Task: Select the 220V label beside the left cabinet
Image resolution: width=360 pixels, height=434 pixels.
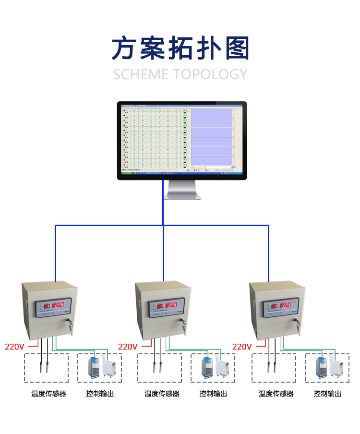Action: click(x=14, y=346)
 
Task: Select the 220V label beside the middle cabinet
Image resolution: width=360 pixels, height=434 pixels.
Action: click(x=128, y=346)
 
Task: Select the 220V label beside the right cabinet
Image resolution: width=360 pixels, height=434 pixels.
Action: click(x=242, y=346)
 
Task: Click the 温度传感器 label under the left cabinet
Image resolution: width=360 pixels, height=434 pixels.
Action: click(x=48, y=394)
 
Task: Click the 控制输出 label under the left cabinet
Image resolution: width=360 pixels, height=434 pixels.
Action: click(x=100, y=394)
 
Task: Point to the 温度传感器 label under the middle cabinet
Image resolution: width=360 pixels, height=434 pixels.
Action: click(x=162, y=394)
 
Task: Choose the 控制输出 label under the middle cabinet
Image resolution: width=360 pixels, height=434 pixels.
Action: click(x=213, y=394)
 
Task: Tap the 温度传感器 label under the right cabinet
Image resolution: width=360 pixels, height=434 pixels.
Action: click(x=276, y=394)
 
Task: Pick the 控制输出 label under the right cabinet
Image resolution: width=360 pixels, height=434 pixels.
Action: click(x=327, y=394)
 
